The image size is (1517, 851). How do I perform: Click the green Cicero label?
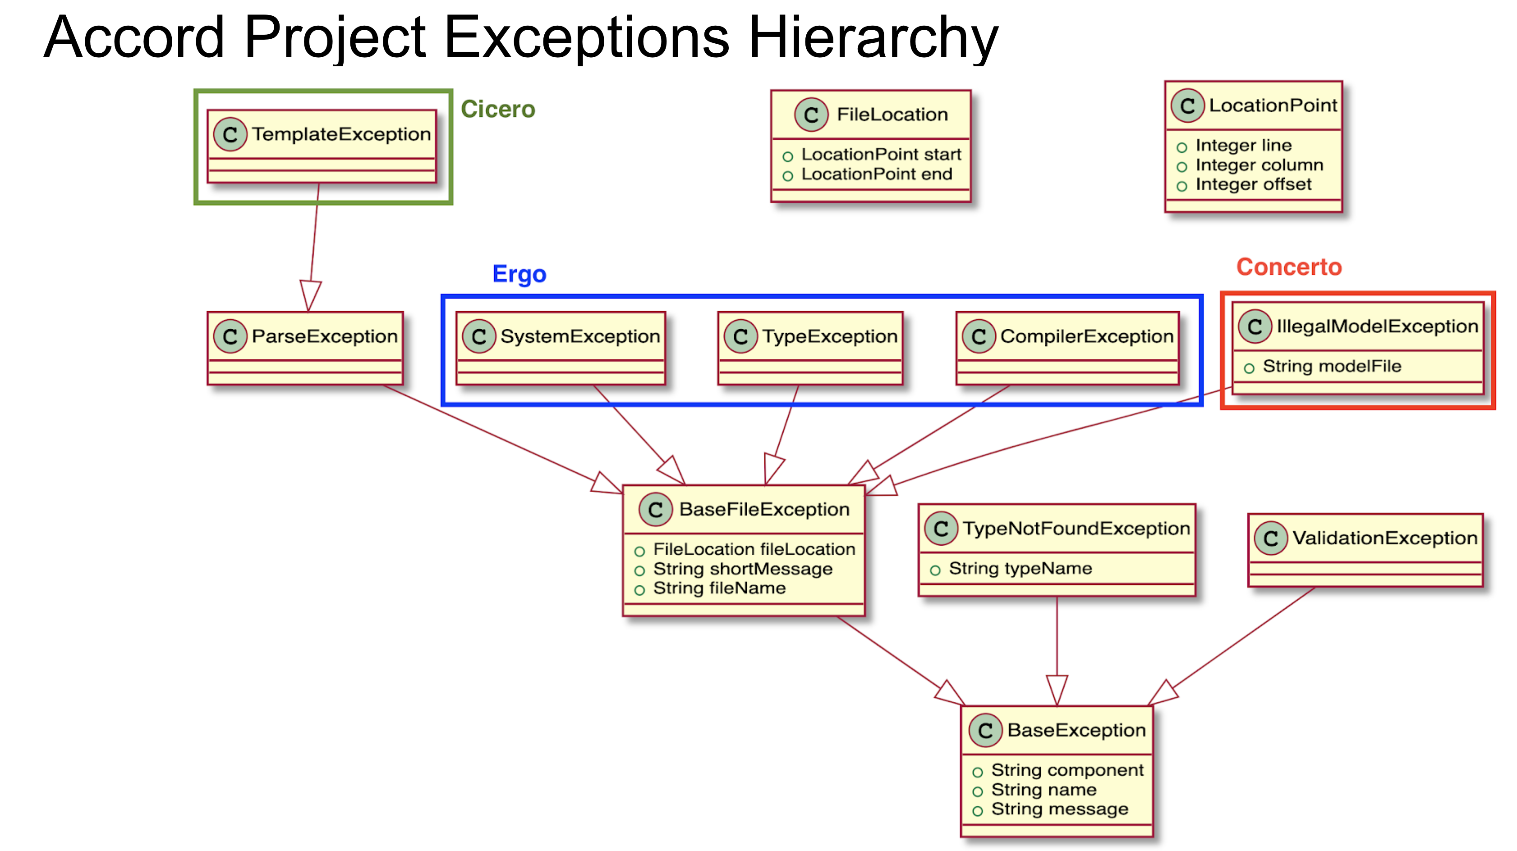click(497, 110)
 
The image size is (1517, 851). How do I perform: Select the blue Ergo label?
click(519, 275)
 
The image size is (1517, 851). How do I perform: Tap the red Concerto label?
click(1288, 267)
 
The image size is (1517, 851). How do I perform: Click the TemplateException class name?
click(341, 134)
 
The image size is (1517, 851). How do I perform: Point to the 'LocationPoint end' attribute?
click(876, 175)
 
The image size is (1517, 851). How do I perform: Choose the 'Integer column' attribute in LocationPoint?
click(1259, 165)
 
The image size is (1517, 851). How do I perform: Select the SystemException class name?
click(580, 336)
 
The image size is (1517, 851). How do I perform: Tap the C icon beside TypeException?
click(741, 336)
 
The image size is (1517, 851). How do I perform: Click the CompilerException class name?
click(1086, 336)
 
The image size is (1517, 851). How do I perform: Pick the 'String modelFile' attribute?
click(1332, 366)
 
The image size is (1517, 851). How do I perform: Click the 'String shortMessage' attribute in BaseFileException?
click(743, 569)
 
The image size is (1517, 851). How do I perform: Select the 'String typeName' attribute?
click(1020, 568)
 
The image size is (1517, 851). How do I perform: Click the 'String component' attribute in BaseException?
click(1067, 770)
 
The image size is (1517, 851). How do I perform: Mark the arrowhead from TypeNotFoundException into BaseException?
click(1057, 690)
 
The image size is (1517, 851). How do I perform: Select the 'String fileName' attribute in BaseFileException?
click(719, 589)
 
